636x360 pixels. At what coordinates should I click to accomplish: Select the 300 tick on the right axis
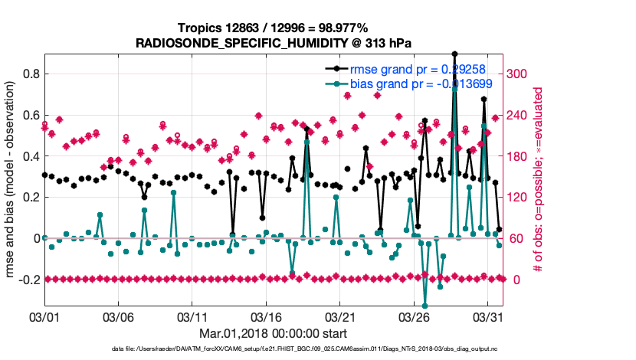520,74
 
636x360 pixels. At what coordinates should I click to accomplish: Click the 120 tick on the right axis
520,198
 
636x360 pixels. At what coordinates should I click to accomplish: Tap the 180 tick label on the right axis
520,156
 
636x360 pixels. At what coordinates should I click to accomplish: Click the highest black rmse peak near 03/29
454,54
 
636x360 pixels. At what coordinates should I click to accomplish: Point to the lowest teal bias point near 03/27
425,305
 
